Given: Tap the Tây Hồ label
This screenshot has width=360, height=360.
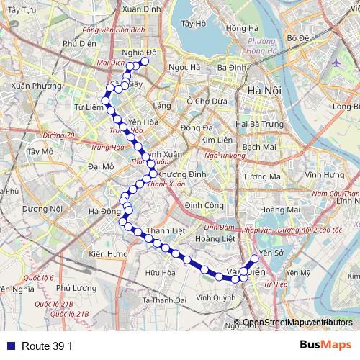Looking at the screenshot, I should (194, 23).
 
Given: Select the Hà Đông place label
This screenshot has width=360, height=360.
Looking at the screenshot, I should (104, 211).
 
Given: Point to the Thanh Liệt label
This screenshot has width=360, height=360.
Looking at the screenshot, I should (162, 230).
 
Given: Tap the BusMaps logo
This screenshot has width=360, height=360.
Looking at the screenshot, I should (325, 346).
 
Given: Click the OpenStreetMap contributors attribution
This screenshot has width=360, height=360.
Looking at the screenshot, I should (297, 323).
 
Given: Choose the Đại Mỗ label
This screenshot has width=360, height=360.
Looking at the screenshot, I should (100, 166).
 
